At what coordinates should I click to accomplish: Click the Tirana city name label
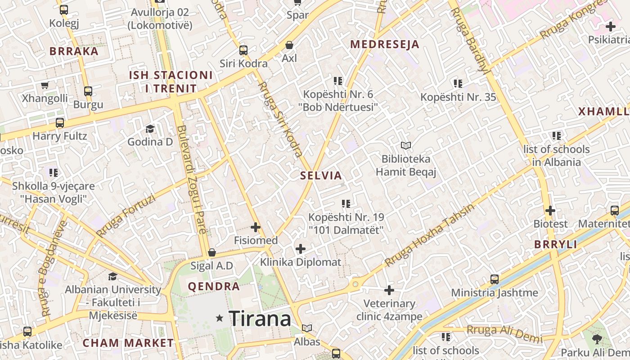point(260,319)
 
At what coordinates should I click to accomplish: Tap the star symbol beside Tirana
point(220,318)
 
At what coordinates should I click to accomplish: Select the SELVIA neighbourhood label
point(321,175)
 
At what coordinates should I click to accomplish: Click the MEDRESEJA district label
point(385,44)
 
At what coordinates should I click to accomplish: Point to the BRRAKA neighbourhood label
point(74,51)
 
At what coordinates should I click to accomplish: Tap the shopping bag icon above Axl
point(289,45)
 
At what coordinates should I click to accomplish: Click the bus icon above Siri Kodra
point(243,50)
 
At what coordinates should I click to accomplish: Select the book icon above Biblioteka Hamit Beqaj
point(406,145)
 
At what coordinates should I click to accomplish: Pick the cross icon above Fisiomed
point(256,227)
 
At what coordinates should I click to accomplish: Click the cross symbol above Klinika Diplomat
point(301,248)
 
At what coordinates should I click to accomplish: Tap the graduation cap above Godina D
point(150,129)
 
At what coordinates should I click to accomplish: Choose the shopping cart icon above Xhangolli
point(45,85)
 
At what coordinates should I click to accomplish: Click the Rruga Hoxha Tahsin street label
point(430,235)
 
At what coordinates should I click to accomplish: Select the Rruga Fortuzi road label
point(126,216)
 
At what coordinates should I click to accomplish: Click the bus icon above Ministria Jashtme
point(495,279)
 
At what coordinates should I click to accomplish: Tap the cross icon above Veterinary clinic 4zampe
point(389,290)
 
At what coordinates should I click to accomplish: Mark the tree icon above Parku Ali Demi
point(597,339)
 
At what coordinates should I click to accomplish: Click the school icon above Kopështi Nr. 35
point(458,84)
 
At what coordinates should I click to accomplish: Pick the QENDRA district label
point(214,286)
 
